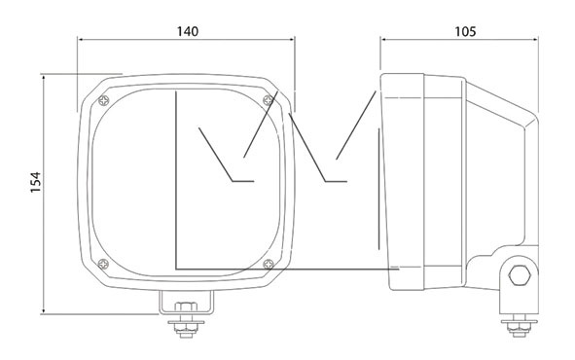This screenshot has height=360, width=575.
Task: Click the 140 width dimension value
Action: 188,31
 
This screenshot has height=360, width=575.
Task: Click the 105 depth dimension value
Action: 465,31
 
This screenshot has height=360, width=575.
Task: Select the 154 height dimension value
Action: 36,182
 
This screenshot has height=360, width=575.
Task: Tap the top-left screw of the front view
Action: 104,100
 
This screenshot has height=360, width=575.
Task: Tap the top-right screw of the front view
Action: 269,99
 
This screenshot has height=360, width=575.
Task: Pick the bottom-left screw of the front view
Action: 104,264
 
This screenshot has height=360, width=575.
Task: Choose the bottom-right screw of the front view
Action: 269,264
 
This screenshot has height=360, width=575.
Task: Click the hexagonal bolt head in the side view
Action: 520,275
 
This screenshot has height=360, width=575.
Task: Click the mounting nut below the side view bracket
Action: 519,329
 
